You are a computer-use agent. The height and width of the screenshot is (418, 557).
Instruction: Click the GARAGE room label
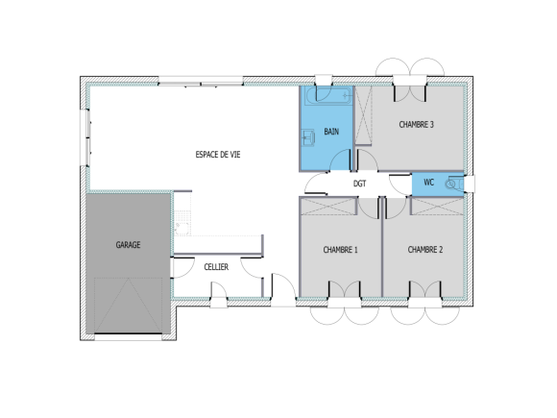[x=129, y=245]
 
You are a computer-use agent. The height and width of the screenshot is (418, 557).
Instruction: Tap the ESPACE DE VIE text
[x=218, y=155]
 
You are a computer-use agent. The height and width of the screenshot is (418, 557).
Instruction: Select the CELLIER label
[x=216, y=266]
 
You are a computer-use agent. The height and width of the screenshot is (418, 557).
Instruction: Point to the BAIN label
[x=331, y=132]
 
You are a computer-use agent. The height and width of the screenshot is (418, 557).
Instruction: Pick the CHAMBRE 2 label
[x=424, y=250]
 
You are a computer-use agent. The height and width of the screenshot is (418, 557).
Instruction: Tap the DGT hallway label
[x=359, y=183]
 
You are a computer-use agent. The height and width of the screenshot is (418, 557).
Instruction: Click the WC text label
[x=428, y=182]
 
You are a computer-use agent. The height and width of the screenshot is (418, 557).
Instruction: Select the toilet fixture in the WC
[x=453, y=182]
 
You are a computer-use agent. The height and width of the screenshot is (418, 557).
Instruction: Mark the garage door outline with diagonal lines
[x=130, y=306]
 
